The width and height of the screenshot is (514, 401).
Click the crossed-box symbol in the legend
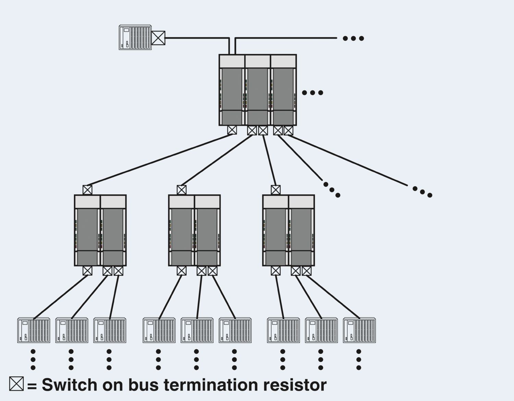click(16, 384)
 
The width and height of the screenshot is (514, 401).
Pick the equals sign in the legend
click(32, 386)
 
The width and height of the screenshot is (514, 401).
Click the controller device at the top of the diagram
click(135, 37)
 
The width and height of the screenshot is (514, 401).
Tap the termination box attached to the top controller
click(158, 38)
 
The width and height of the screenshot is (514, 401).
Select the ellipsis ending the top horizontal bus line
click(353, 38)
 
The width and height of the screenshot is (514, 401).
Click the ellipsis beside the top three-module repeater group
click(313, 93)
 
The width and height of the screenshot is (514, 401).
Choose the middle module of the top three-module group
click(258, 90)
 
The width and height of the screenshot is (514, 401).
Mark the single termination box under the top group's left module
click(232, 130)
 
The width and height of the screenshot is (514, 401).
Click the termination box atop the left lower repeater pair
click(87, 190)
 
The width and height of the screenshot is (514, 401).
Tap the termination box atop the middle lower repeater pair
click(182, 190)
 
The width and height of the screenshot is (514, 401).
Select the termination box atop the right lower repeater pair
click(276, 190)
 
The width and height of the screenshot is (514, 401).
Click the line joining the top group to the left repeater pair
click(160, 160)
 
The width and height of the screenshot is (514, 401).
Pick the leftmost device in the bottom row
click(34, 330)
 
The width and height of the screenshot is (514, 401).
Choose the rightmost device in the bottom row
click(359, 330)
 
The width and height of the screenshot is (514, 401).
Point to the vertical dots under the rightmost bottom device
click(358, 360)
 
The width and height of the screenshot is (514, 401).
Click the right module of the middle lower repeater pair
click(207, 230)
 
